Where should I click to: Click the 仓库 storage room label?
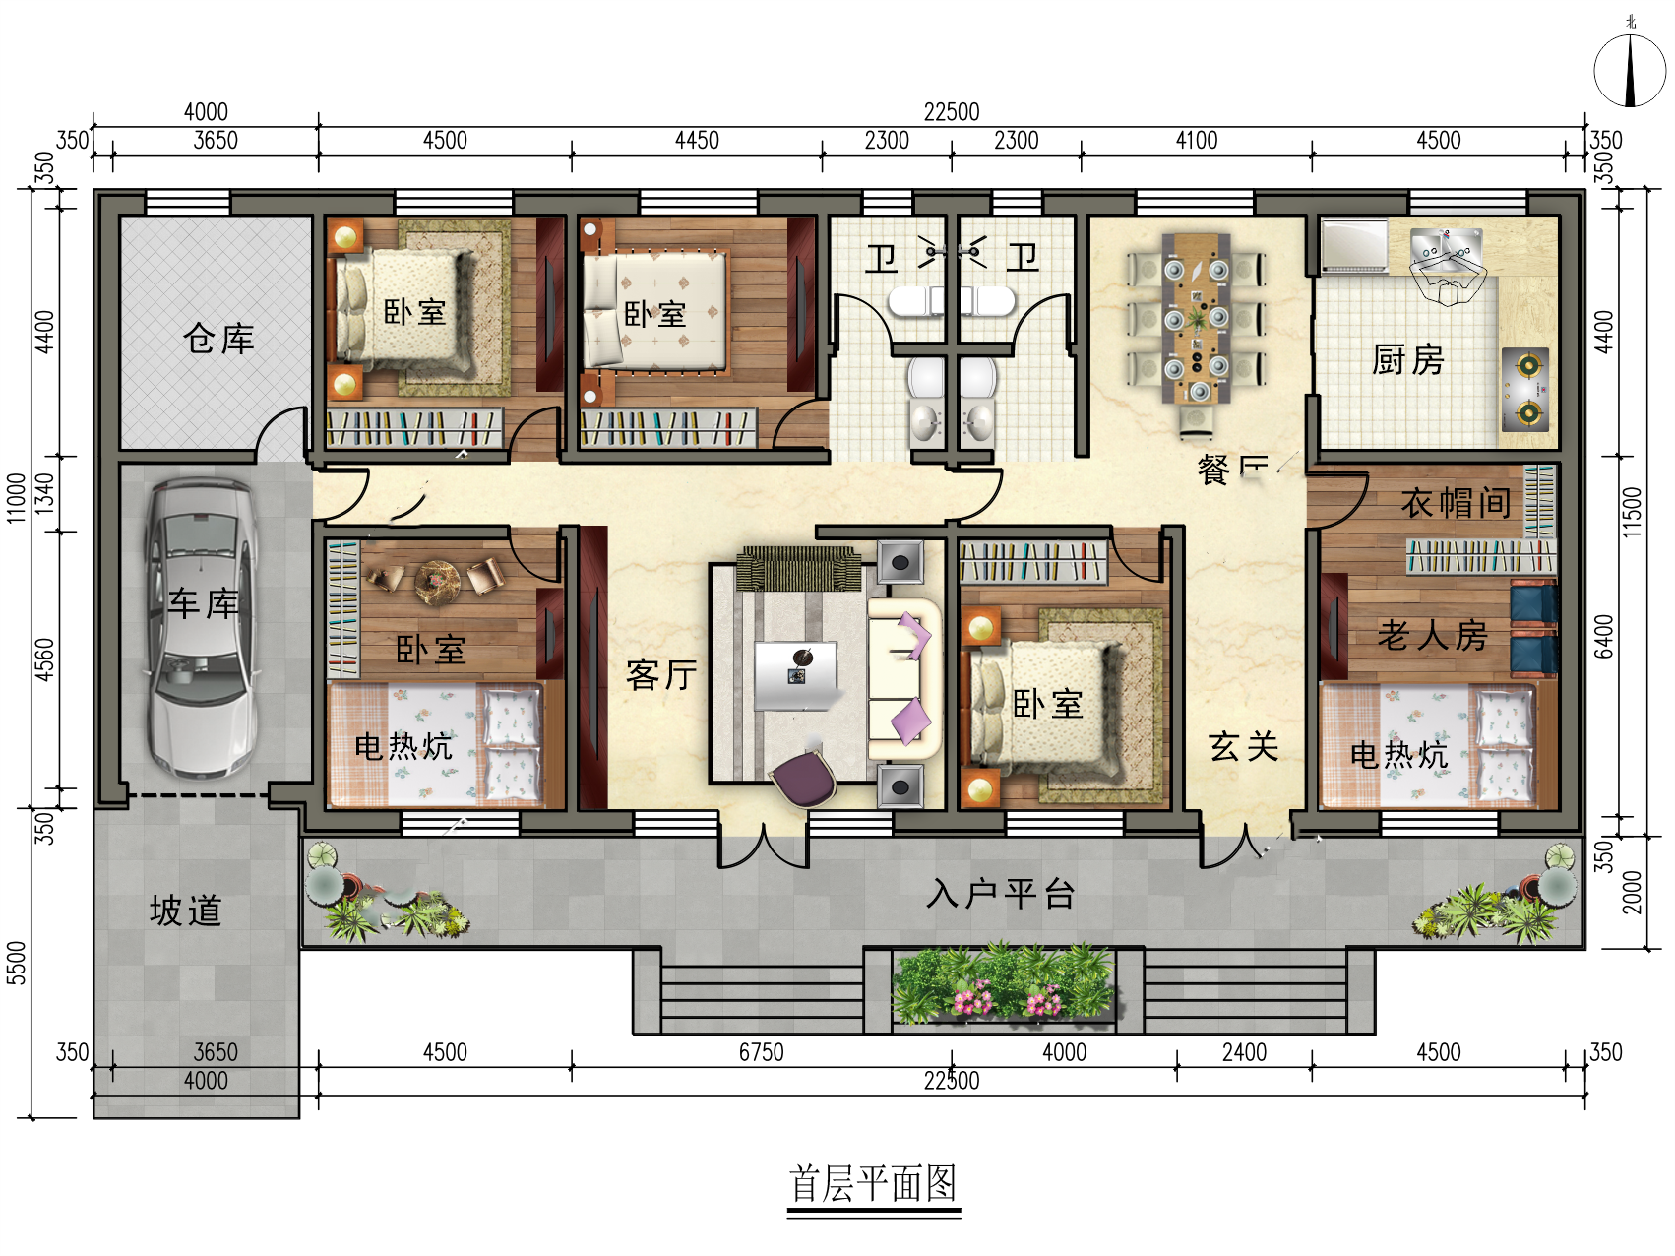coord(218,339)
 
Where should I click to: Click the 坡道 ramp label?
coord(185,911)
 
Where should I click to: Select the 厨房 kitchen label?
coord(1407,360)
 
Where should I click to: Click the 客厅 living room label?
coord(661,675)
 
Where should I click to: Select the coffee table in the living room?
coord(795,675)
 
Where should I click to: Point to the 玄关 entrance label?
coord(1243,746)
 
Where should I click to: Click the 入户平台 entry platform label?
coord(1000,894)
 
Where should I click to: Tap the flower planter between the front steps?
coord(1004,984)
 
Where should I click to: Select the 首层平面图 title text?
coord(873,1184)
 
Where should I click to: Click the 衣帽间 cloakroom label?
coord(1456,503)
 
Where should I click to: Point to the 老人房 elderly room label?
coord(1432,636)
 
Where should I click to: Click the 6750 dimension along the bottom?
coord(761,1052)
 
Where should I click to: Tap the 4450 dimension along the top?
coord(697,141)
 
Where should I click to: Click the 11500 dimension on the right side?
coord(1632,512)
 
